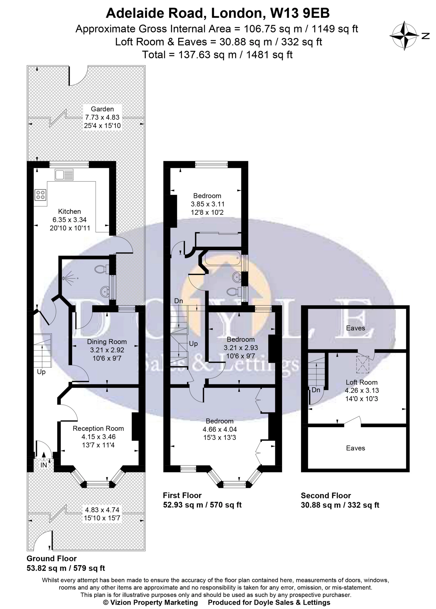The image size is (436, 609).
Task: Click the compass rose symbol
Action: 404,36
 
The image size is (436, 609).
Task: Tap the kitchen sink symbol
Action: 64,175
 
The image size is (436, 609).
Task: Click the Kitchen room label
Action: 70,212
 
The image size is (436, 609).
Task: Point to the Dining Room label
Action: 107,342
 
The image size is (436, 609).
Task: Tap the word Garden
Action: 102,109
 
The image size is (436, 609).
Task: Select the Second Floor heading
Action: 326,496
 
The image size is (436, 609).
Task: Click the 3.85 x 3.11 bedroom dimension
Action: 207,204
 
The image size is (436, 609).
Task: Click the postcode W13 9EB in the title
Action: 300,13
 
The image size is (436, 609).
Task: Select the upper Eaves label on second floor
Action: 355,328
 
